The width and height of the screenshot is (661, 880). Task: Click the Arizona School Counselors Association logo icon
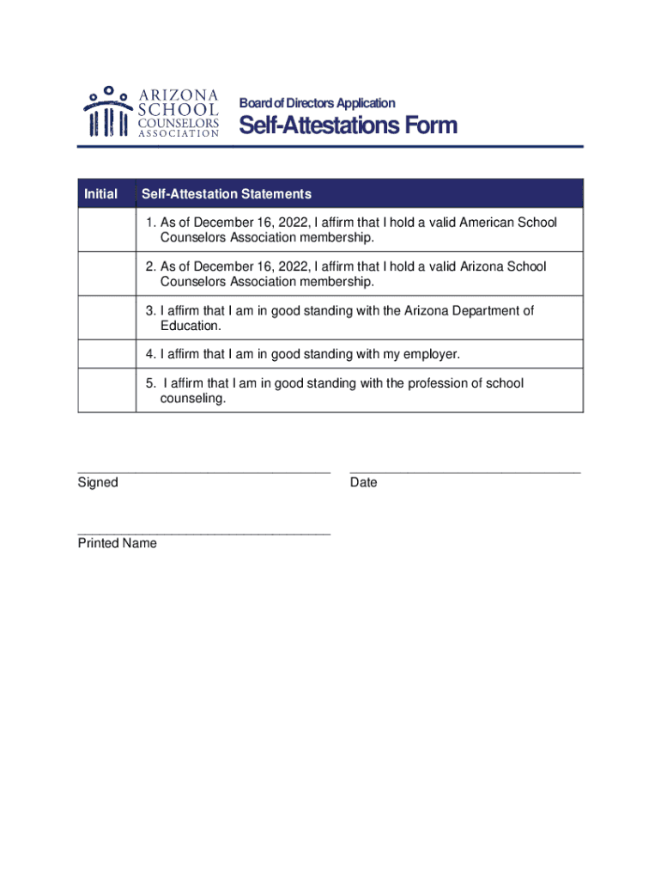[107, 112]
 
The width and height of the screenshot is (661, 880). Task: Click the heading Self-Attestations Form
[348, 126]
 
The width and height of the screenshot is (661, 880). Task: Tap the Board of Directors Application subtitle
[317, 103]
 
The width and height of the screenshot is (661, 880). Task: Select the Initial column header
[100, 193]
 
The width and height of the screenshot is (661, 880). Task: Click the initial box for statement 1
[107, 229]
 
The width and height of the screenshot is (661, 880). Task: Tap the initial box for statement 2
[107, 274]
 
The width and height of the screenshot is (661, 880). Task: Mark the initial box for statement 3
[107, 318]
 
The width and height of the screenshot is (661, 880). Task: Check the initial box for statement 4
[107, 354]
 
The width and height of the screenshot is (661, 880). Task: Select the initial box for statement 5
[107, 390]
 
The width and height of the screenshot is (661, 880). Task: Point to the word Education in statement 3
[191, 326]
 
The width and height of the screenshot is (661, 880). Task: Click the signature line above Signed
[203, 471]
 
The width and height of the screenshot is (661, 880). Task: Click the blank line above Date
[464, 471]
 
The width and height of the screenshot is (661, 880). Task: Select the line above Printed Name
[203, 533]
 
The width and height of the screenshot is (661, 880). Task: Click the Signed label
[98, 483]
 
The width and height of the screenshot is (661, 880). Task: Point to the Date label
[363, 483]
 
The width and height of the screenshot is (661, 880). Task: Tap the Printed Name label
[118, 544]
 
